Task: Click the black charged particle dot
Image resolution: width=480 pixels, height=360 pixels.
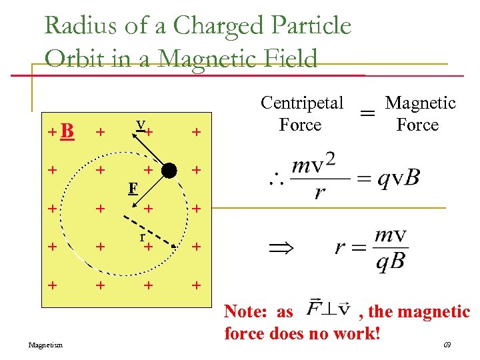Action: pyautogui.click(x=169, y=170)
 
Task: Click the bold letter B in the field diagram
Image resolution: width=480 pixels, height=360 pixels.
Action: pyautogui.click(x=66, y=131)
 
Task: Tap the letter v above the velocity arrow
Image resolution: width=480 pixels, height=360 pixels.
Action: pyautogui.click(x=140, y=124)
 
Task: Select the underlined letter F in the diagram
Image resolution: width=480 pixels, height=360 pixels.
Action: pyautogui.click(x=132, y=189)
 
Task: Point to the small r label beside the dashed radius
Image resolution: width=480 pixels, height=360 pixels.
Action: pyautogui.click(x=141, y=237)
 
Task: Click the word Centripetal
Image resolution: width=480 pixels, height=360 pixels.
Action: pyautogui.click(x=302, y=103)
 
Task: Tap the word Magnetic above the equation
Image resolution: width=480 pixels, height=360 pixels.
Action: pyautogui.click(x=420, y=103)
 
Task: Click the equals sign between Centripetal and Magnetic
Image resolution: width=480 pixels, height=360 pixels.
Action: pyautogui.click(x=366, y=115)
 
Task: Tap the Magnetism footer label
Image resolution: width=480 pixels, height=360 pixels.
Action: pyautogui.click(x=46, y=345)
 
